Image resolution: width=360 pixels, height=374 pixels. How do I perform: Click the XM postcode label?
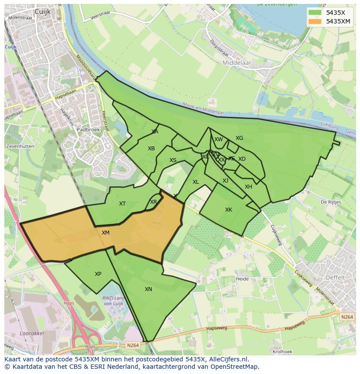[x=106, y=233]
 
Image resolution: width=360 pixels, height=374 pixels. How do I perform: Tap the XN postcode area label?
[x=148, y=289]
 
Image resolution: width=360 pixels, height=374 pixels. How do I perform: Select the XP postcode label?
[x=98, y=274]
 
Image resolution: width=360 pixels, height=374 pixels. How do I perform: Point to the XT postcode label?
[x=123, y=203]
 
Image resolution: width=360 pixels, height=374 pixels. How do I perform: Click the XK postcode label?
[x=229, y=210]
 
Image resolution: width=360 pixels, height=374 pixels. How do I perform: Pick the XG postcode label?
[x=239, y=138]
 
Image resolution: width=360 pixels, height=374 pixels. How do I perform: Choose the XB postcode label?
[x=151, y=149]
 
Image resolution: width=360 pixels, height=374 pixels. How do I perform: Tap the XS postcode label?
[x=173, y=160]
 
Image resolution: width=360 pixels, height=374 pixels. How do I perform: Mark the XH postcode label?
[x=248, y=187]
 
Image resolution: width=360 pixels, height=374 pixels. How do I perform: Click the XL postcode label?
[x=196, y=182]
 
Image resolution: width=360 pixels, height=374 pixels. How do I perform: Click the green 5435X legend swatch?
[x=315, y=13]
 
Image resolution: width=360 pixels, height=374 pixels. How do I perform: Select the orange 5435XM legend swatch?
[x=315, y=21]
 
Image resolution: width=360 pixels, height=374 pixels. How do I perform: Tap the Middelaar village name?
[x=237, y=63]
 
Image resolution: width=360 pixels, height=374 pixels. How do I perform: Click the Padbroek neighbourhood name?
[x=88, y=129]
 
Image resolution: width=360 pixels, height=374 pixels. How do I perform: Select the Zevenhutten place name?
[x=20, y=146]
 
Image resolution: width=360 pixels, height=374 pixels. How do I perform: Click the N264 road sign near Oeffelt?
[x=347, y=317]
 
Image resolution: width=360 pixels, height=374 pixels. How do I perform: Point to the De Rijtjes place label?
[x=330, y=202]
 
